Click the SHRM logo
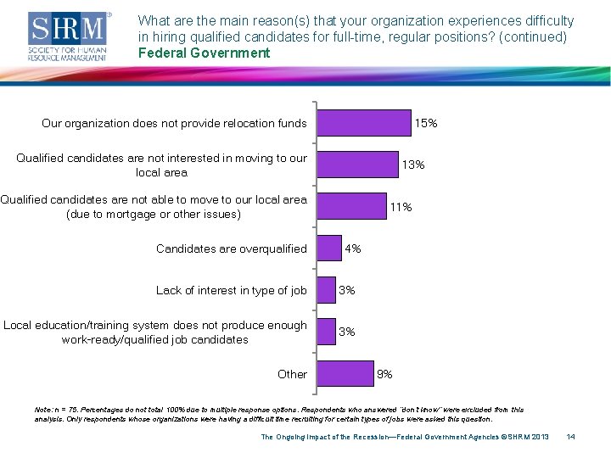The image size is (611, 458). pos(70,36)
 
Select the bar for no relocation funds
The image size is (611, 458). pos(363,123)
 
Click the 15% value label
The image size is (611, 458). pos(426,123)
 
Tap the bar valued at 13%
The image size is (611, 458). pos(357,165)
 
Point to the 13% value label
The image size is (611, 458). pos(413,165)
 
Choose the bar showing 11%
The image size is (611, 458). pos(350,206)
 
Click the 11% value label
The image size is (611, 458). pos(401,207)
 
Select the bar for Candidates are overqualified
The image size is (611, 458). pos(328,249)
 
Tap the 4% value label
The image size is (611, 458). pos(353,249)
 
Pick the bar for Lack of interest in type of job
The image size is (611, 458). pos(326,290)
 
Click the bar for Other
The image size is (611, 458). pos(345,373)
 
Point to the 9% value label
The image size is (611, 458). pos(384,373)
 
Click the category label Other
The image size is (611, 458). pos(292,374)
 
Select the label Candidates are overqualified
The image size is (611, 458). pos(231,249)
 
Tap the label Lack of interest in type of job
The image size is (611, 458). pos(231,290)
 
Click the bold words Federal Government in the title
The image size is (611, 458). pos(204,53)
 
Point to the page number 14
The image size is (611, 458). pos(570,437)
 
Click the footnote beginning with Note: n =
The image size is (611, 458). pos(280,414)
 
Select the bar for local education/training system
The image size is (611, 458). pos(326,332)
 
